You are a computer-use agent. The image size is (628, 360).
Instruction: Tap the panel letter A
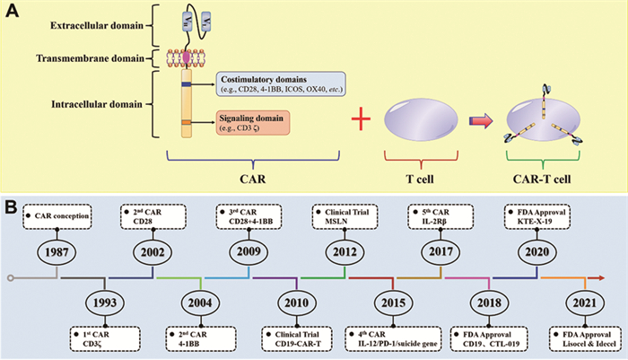point(12,11)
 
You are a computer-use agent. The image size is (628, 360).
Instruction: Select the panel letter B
point(12,206)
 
